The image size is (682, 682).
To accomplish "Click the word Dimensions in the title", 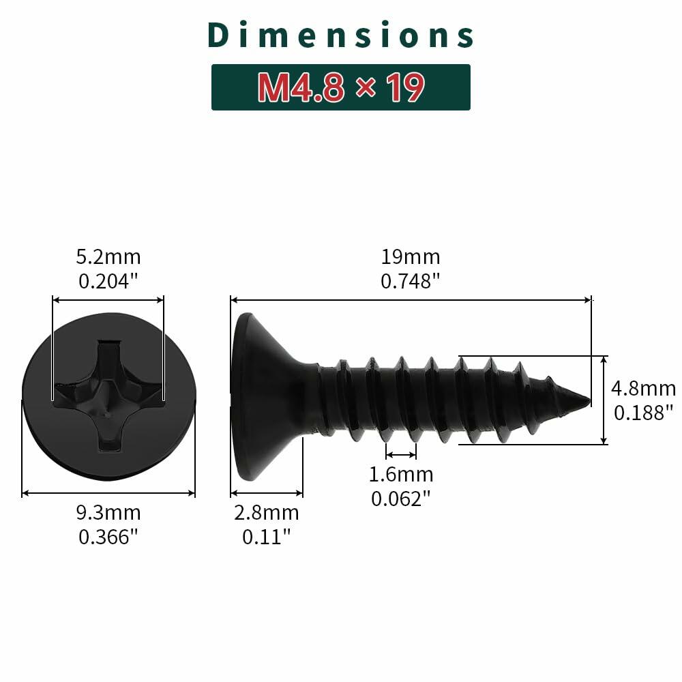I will click(341, 35).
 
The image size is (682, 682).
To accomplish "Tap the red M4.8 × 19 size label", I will click(341, 87).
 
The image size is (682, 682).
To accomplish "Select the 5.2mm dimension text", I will click(108, 257).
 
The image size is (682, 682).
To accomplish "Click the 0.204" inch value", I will click(108, 280).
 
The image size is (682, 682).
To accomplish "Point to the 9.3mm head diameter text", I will click(109, 513).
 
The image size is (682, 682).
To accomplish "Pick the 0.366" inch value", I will click(109, 537).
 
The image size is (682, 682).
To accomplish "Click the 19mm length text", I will click(411, 257).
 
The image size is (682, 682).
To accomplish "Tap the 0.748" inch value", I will click(411, 280).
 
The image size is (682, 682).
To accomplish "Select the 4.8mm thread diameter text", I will click(643, 389).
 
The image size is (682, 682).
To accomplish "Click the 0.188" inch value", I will click(643, 412).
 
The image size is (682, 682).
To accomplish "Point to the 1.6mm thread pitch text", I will click(401, 474).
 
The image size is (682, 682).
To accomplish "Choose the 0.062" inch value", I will click(401, 498).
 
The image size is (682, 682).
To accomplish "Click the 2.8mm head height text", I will click(267, 513).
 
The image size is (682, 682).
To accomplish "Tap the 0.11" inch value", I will click(267, 537).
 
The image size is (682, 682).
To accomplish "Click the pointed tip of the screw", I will click(587, 400).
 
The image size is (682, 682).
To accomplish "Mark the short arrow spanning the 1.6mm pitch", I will click(401, 454).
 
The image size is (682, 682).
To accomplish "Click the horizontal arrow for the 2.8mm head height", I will click(267, 492).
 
